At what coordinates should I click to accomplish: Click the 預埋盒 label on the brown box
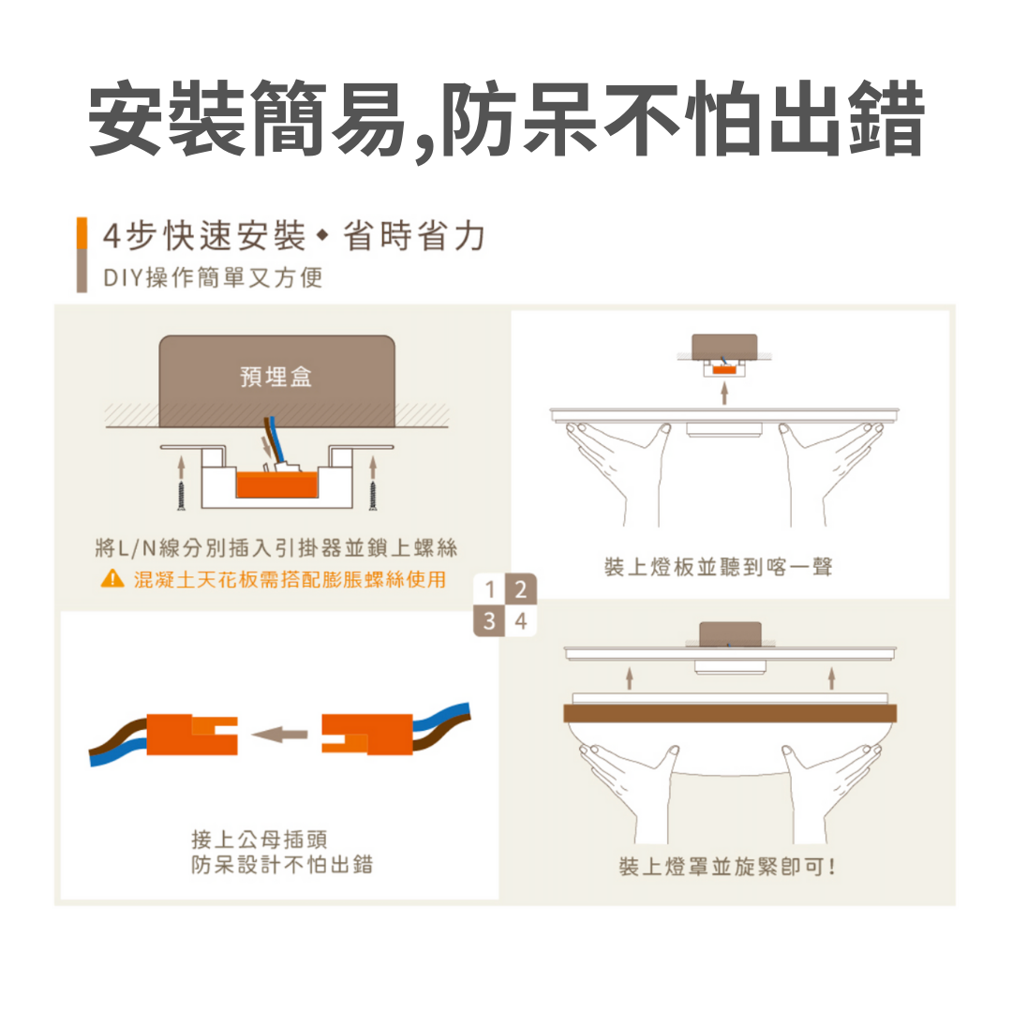tap(276, 377)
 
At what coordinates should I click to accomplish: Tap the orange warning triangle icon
tap(113, 578)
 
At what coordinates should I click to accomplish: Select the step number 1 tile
tap(489, 588)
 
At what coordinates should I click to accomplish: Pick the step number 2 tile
tap(521, 588)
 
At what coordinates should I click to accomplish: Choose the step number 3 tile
tap(489, 621)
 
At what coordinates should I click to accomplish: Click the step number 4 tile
tap(521, 621)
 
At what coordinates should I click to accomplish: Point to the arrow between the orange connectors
tap(279, 734)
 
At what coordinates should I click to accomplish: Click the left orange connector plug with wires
tap(192, 735)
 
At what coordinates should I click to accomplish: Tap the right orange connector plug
tap(367, 734)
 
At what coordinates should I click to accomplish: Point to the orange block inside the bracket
tap(276, 484)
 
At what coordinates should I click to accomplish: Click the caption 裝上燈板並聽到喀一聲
tap(719, 567)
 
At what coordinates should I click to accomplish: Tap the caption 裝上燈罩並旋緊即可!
tap(727, 866)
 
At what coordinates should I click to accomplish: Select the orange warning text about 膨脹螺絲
tap(290, 579)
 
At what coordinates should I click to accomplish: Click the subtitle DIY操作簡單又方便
tap(213, 277)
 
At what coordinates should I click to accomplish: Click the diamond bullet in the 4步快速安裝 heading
tap(322, 236)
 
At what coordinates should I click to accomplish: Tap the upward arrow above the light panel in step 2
tap(724, 393)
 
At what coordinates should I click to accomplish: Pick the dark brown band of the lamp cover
tap(730, 713)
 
